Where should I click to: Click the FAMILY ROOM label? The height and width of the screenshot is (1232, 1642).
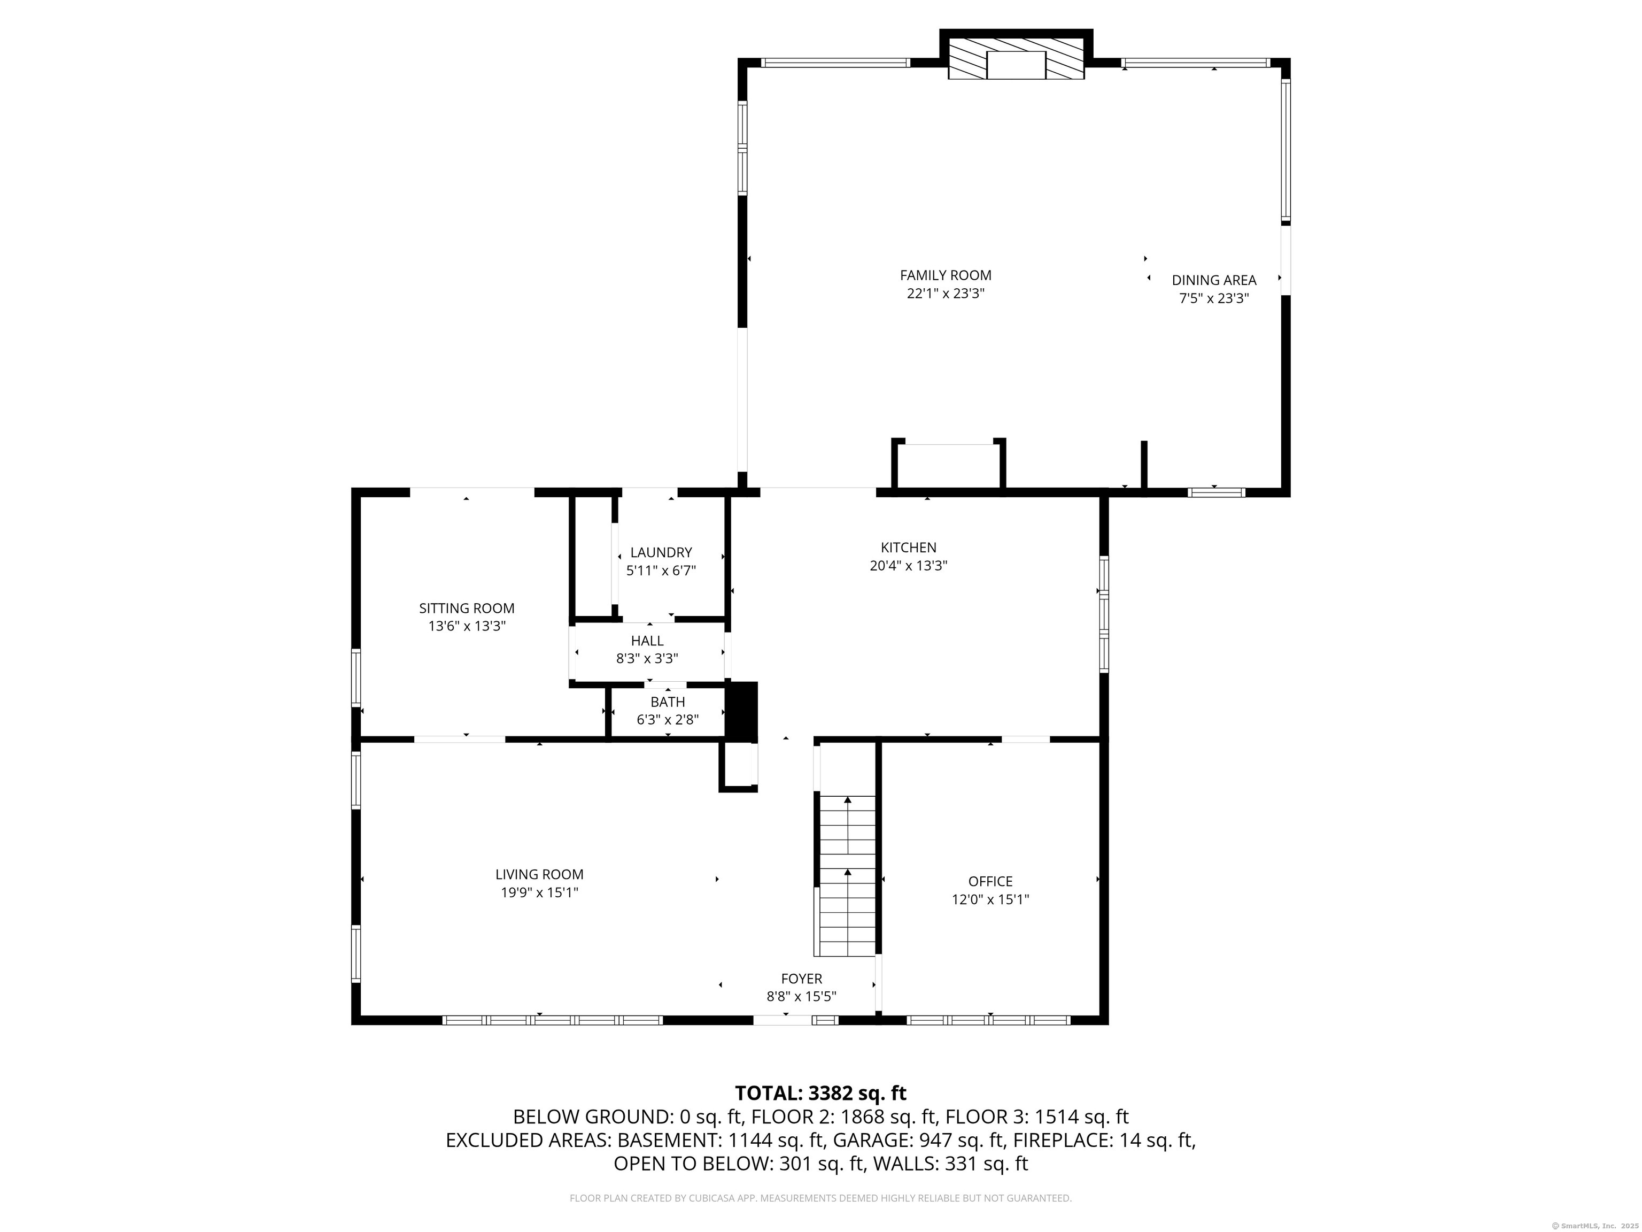point(945,275)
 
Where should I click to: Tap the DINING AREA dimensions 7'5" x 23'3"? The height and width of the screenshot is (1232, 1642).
point(1214,298)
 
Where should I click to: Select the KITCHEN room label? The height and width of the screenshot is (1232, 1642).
point(909,548)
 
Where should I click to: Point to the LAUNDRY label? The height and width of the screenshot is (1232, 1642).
point(661,552)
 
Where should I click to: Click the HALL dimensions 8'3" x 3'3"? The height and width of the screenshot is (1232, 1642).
point(647,658)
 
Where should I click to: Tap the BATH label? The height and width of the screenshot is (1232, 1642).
point(668,702)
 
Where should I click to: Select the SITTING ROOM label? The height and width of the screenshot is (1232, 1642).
point(466,608)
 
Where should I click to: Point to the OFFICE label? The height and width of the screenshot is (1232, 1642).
point(990,881)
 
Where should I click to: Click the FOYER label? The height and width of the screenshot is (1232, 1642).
point(801,979)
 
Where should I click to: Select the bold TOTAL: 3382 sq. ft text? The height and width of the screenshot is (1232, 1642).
point(820,1093)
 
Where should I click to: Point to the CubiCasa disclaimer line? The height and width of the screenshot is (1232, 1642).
point(820,1198)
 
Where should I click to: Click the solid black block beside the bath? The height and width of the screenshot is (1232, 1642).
point(741,711)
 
